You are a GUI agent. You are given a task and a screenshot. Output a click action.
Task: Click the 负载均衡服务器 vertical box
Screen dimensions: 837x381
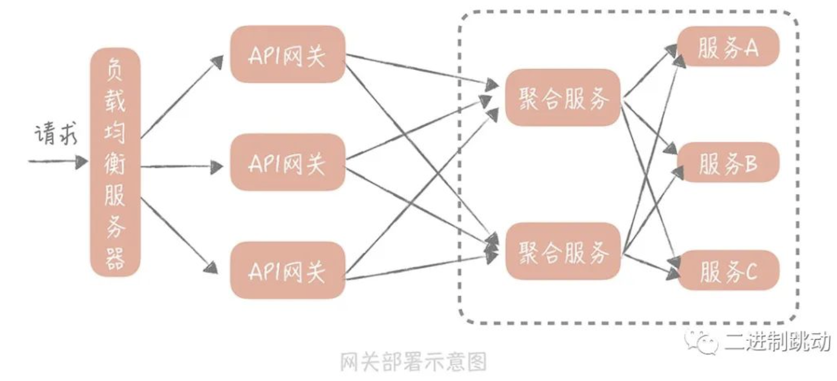coord(115,162)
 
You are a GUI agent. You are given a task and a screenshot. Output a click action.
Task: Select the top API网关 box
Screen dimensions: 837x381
coord(287,54)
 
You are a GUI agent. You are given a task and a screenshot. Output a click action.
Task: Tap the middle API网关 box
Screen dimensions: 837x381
coord(287,162)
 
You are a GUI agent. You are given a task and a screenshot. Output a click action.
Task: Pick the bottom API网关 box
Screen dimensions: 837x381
coord(287,270)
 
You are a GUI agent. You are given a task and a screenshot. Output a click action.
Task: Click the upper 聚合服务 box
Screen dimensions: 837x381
coord(563,97)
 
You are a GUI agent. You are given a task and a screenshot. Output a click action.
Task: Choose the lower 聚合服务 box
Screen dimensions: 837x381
coord(563,251)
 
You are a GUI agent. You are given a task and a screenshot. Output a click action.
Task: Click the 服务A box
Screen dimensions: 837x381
coord(728,47)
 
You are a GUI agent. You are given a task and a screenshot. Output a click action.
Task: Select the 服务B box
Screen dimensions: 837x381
coord(728,162)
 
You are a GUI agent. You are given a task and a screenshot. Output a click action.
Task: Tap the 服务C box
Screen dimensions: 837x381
coord(728,270)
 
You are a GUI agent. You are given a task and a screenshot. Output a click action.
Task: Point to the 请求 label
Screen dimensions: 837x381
coord(56,133)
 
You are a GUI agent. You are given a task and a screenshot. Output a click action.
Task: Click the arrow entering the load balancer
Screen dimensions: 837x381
coord(58,162)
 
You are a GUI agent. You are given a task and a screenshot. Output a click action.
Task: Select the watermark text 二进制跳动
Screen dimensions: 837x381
coord(778,341)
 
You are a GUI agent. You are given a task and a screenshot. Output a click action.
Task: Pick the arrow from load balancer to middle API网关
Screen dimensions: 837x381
coord(182,166)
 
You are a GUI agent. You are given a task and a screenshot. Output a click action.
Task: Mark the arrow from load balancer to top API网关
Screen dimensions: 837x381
coord(182,97)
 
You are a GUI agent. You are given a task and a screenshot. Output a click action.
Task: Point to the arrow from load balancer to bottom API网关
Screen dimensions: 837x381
coord(179,235)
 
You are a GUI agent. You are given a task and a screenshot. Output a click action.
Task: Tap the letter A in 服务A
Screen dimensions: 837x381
coord(749,48)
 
